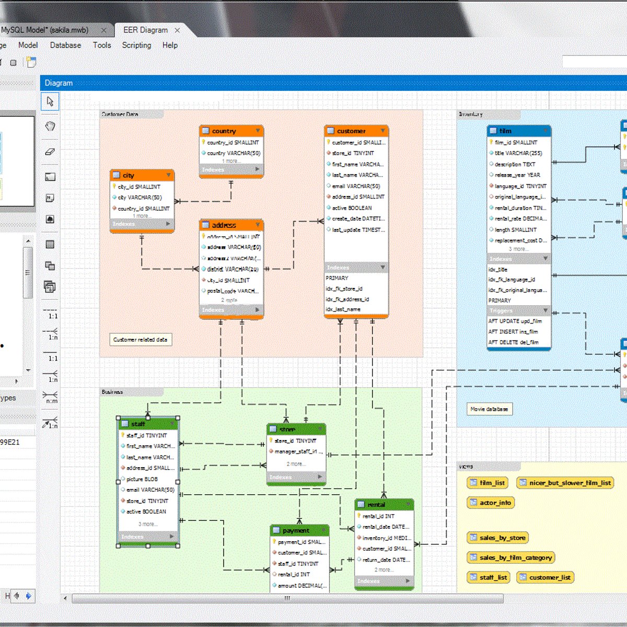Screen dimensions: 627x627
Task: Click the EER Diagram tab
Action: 145,30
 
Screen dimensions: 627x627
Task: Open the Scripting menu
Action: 136,45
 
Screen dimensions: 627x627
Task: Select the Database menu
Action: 65,45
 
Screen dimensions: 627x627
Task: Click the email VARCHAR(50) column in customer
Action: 356,186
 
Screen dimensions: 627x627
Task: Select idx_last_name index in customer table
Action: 343,309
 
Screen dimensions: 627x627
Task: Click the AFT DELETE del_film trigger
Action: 513,342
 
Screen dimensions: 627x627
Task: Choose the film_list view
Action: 487,483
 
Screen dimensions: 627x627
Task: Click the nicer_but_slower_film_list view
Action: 565,483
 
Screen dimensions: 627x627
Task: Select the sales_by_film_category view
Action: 510,558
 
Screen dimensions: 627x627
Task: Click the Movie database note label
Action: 489,409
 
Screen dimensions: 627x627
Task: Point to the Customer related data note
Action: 140,340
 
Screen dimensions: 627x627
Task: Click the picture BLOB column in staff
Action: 142,479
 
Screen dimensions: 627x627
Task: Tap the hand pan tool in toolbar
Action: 50,126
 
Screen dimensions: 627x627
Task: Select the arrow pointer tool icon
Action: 50,101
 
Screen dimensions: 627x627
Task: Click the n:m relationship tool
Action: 50,397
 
